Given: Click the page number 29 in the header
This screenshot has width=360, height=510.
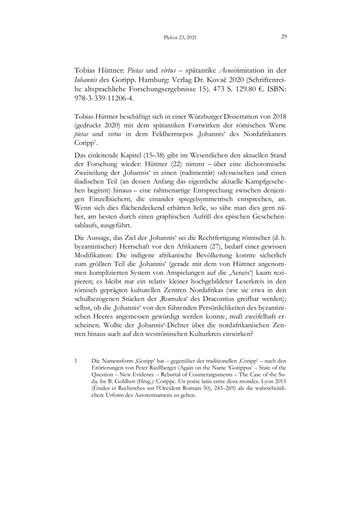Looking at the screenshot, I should click(284, 37).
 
